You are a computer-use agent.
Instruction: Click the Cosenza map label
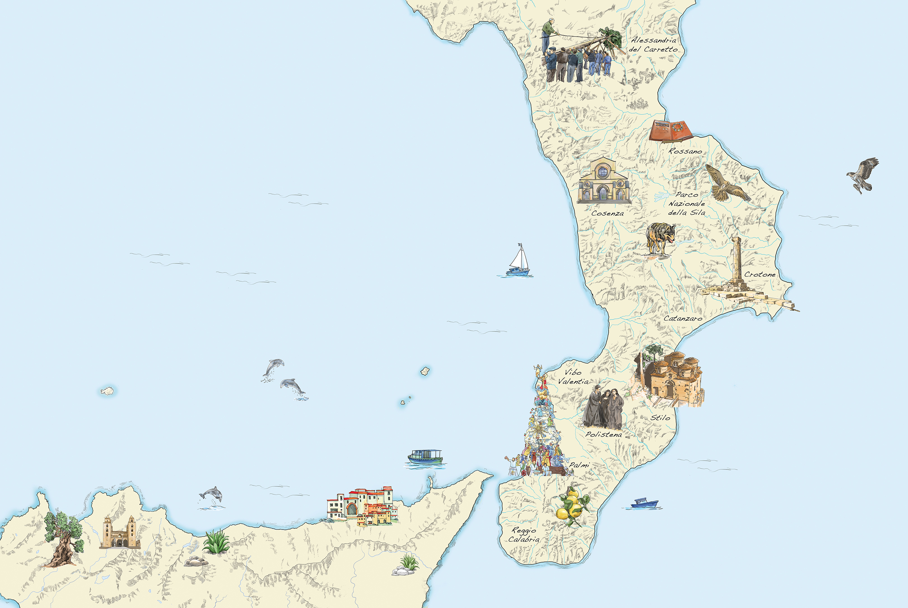(x=607, y=213)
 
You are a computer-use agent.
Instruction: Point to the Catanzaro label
(x=683, y=318)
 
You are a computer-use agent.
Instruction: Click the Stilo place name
(x=660, y=418)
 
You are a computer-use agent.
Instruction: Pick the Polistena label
(x=603, y=434)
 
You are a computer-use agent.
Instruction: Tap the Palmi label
(x=579, y=465)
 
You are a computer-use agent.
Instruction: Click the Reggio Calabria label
(x=524, y=535)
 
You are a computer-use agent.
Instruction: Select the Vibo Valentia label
(x=573, y=377)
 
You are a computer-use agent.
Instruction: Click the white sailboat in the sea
(x=518, y=261)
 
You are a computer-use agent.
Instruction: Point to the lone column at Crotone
(x=736, y=260)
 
